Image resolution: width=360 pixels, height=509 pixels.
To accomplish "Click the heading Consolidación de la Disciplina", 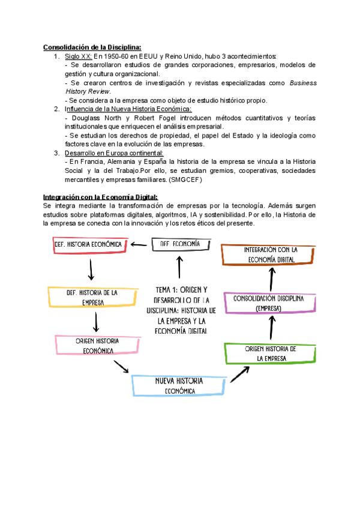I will [92, 47].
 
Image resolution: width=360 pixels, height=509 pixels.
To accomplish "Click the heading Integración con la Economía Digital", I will [100, 197].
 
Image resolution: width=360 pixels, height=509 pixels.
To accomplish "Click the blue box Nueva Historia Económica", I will [179, 385].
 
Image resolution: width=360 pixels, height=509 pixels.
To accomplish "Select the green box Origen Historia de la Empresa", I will [271, 354].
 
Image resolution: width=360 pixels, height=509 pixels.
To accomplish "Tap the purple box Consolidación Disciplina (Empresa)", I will [269, 303].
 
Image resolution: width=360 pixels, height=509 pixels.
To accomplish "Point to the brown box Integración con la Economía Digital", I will [269, 254].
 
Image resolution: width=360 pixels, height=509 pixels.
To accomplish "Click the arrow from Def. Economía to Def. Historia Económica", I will [139, 244].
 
